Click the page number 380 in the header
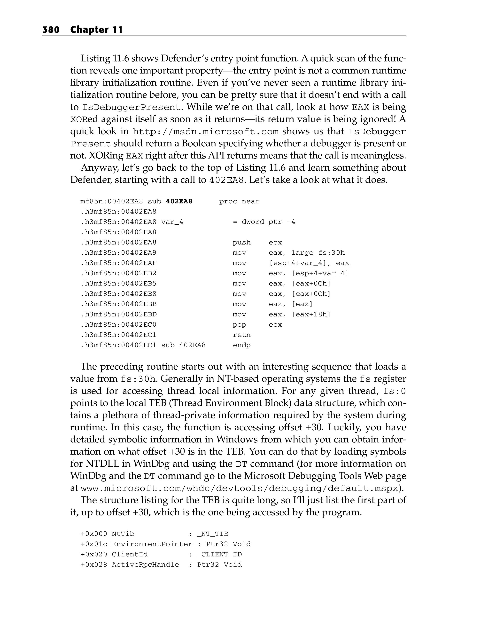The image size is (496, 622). point(51,30)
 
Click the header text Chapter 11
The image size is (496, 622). point(96,30)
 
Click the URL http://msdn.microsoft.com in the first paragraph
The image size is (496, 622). point(206,132)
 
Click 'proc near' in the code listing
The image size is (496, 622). point(239,201)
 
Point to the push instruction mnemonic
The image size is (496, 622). point(242,243)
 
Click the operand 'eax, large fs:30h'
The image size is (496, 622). point(307,253)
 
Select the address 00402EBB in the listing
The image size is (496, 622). point(139,304)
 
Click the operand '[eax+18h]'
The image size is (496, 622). point(311,315)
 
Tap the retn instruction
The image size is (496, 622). point(242,335)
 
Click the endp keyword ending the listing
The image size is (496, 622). point(242,345)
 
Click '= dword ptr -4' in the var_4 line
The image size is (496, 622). point(264,222)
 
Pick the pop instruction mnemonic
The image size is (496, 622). point(239,324)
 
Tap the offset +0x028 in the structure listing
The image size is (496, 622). point(94,565)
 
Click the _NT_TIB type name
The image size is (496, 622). point(213,534)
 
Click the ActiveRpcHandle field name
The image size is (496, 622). point(145,565)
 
